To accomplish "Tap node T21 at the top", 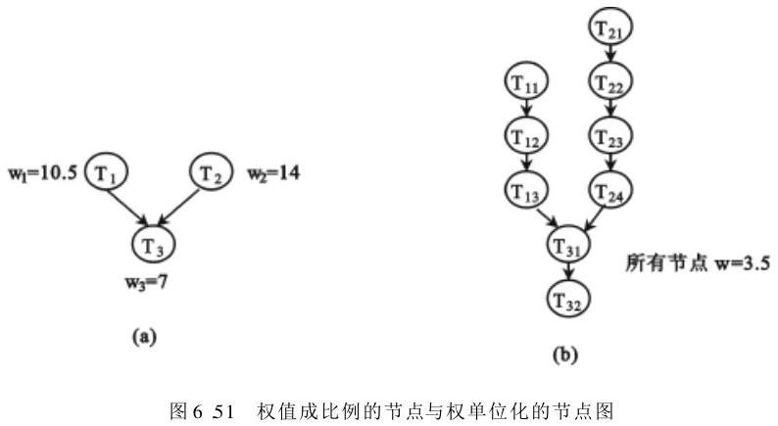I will coord(614,27).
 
